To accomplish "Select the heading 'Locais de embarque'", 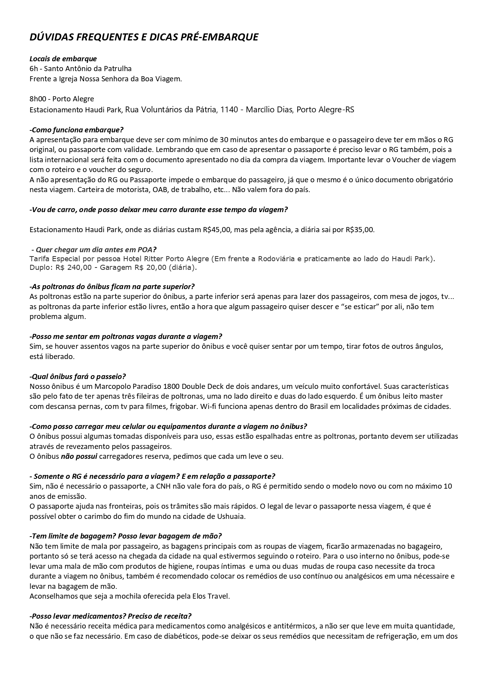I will [x=63, y=59].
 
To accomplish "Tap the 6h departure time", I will [x=33, y=69].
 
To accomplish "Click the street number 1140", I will [x=229, y=110].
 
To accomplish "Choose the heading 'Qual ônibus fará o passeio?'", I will [x=78, y=376].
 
